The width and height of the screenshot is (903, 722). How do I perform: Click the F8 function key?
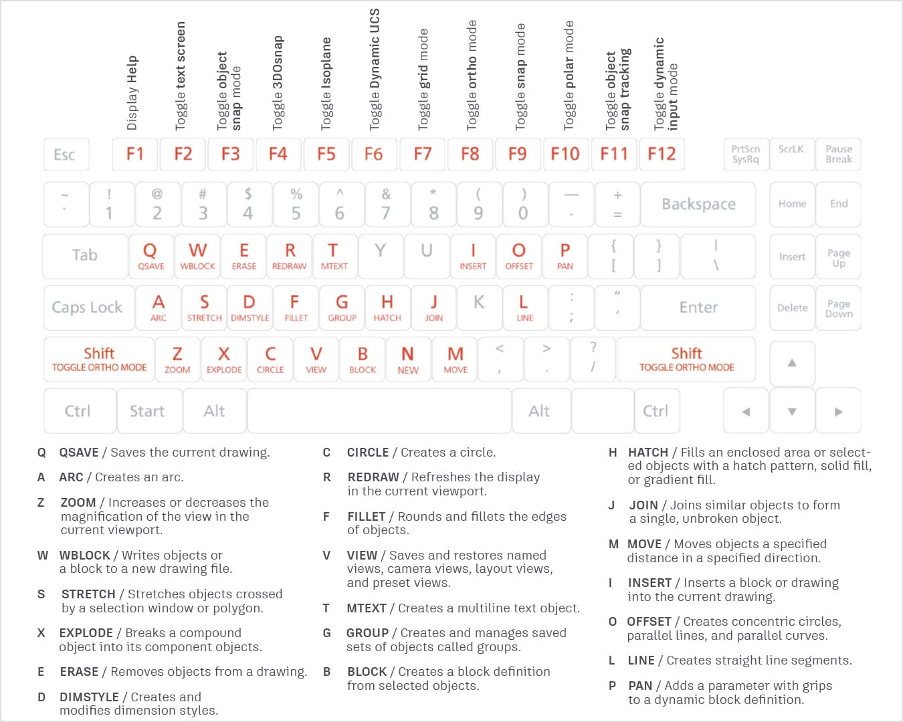[470, 154]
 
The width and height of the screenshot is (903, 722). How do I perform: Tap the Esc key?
[65, 154]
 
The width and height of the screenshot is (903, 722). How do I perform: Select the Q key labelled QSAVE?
[150, 255]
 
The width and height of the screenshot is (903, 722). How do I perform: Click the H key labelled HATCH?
[387, 308]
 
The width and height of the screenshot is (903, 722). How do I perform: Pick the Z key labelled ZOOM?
[177, 359]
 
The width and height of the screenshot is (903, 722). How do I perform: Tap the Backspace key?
[698, 204]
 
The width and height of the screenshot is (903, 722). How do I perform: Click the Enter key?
[698, 308]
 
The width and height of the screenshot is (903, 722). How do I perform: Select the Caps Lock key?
[88, 308]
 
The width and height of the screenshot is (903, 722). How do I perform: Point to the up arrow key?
[792, 363]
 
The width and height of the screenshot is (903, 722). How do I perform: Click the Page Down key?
[839, 308]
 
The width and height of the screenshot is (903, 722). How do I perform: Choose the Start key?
[147, 411]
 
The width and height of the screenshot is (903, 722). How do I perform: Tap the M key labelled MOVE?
[456, 359]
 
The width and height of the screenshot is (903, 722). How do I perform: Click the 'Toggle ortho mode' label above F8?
[472, 75]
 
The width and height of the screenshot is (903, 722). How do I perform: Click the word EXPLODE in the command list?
[86, 633]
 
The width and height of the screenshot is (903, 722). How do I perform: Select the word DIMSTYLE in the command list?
[89, 697]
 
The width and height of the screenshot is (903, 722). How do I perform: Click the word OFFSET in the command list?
[649, 622]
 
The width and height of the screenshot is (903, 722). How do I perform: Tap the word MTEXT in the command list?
[367, 608]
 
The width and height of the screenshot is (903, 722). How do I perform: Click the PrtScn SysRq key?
[745, 154]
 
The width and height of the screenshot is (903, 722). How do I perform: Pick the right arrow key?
[838, 412]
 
